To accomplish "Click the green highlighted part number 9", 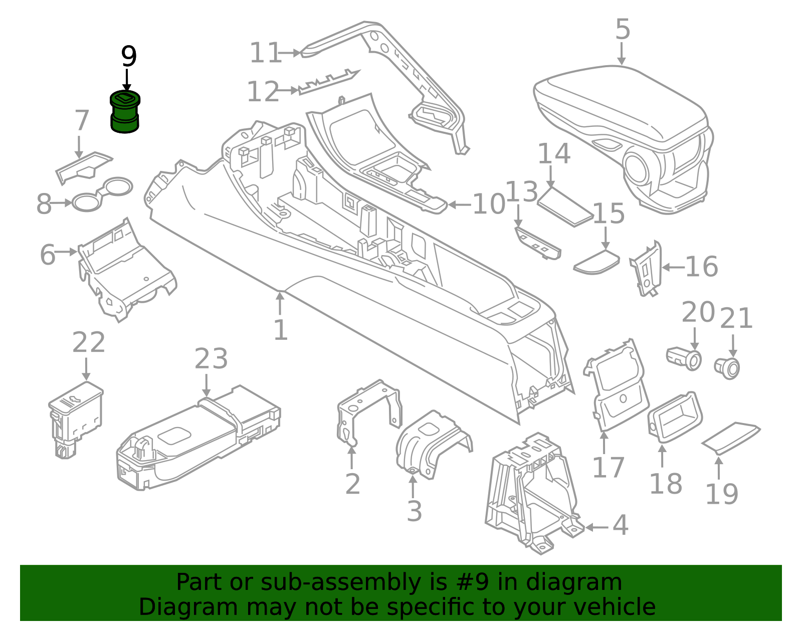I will pyautogui.click(x=125, y=113).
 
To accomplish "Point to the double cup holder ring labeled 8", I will pyautogui.click(x=103, y=194).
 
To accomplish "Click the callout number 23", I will pyautogui.click(x=211, y=359).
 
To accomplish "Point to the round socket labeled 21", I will pyautogui.click(x=728, y=368).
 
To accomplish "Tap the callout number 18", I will pyautogui.click(x=665, y=484).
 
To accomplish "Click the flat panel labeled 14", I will pyautogui.click(x=564, y=206).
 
